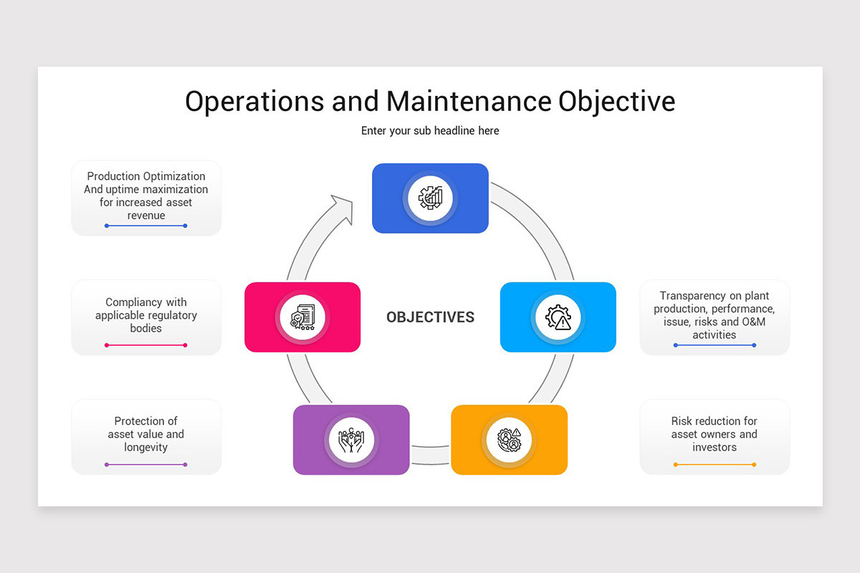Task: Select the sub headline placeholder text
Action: coord(430,131)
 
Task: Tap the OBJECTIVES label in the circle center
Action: coord(430,317)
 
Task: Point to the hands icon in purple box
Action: coord(351,439)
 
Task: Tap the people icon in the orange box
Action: coord(509,439)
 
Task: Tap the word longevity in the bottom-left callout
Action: coord(146,448)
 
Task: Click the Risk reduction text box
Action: coord(714,434)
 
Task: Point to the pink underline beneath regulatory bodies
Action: coord(146,345)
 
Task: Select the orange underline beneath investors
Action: coord(714,465)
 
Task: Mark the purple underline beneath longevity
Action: coord(146,465)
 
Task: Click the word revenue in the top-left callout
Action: coord(146,216)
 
